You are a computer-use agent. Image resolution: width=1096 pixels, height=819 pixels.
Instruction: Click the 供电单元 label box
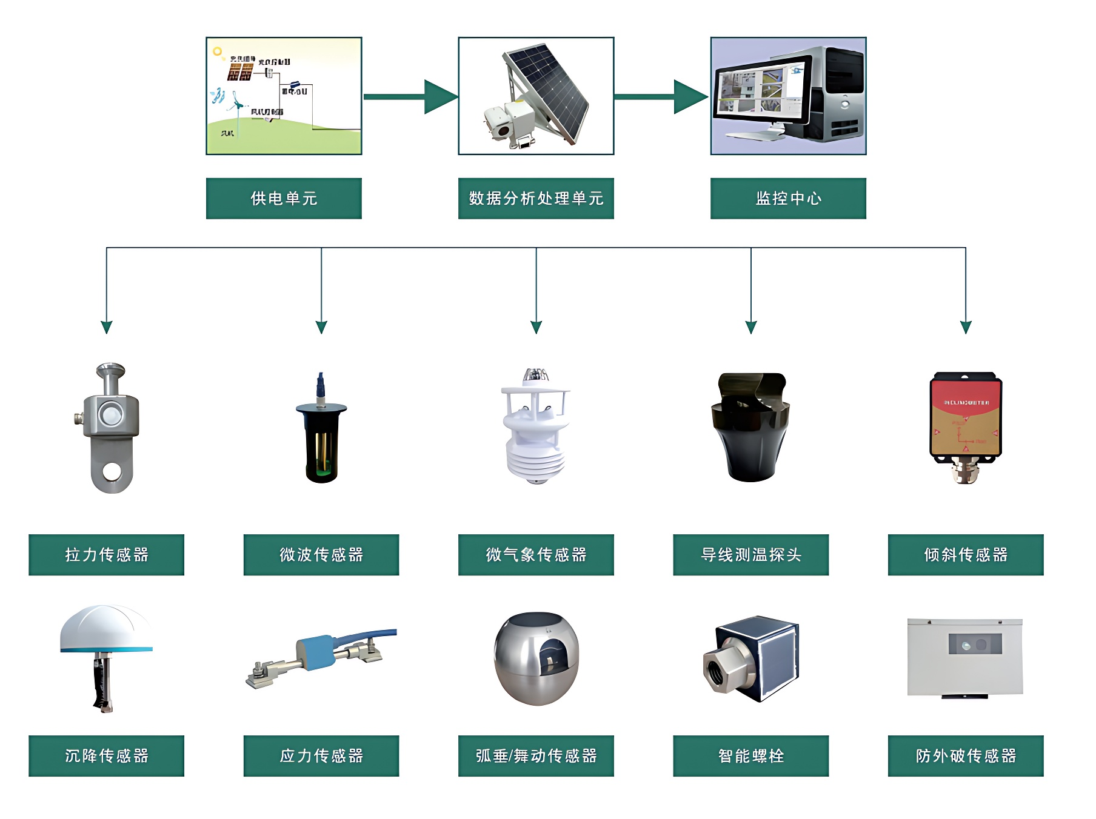284,198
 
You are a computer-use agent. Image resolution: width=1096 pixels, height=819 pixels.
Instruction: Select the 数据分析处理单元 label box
536,198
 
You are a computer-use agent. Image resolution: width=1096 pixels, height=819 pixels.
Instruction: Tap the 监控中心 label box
788,198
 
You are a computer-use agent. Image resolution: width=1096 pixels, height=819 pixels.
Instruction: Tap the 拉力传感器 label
106,554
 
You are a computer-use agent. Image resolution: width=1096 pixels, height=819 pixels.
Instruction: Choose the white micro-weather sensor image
535,430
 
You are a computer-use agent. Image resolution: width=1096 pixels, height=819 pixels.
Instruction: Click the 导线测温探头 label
750,554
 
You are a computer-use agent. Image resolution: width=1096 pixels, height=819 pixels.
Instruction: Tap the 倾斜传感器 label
966,554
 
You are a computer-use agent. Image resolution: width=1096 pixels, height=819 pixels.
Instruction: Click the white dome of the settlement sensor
106,627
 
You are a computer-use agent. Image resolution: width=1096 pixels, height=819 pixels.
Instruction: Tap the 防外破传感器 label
966,755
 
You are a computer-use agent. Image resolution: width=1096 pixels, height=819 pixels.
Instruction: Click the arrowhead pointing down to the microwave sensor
321,327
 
